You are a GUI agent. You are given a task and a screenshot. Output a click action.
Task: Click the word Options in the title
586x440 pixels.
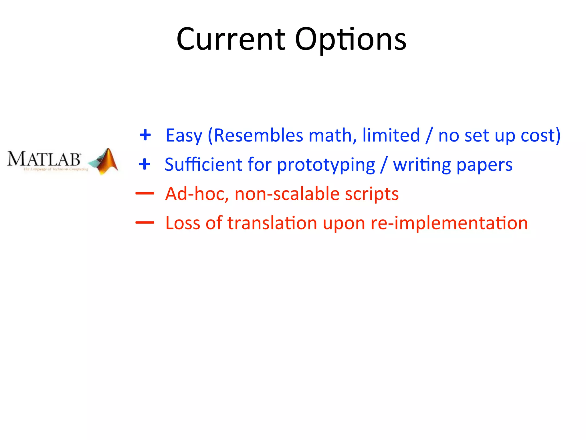pos(351,40)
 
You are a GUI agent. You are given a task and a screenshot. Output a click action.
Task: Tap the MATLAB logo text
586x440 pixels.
pos(44,159)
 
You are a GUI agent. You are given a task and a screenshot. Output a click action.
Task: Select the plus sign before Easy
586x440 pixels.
pos(145,135)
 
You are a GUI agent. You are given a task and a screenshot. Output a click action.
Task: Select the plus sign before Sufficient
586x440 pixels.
pos(144,164)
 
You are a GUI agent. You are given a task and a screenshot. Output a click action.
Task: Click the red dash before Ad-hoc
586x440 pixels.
pos(145,194)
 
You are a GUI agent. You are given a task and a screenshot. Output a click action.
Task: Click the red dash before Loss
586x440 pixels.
pos(145,223)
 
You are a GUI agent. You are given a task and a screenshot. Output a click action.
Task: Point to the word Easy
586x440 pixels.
pos(184,135)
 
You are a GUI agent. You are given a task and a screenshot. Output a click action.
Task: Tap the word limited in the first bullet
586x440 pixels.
pos(391,135)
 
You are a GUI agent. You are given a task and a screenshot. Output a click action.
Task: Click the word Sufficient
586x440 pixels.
pos(203,165)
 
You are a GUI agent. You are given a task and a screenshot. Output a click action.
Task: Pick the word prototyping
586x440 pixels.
pos(326,165)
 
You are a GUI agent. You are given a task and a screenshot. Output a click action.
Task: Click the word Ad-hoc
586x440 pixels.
pos(197,194)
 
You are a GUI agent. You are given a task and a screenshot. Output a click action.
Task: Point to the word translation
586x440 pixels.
pos(272,223)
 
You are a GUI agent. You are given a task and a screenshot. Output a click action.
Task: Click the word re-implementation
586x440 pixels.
pos(449,223)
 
